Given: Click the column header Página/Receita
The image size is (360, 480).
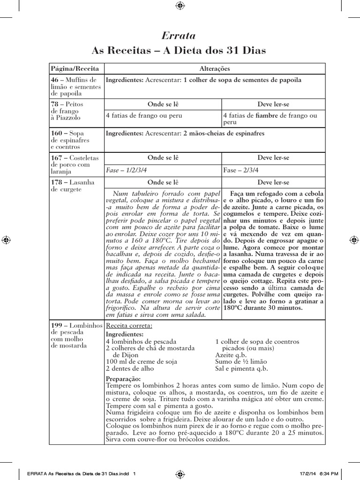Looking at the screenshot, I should coord(72,68).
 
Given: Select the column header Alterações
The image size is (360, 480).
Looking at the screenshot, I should coord(214,68).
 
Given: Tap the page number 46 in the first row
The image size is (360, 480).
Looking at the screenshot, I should coord(55,80).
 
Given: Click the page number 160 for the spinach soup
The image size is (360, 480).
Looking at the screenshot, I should coord(57,134).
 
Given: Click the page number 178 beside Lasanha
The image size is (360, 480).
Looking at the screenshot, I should coord(57,182).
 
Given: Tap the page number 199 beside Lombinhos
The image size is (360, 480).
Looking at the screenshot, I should coord(57,325).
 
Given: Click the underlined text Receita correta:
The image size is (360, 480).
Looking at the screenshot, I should coord(129,325).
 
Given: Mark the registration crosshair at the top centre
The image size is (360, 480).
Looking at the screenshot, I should coord(180,6).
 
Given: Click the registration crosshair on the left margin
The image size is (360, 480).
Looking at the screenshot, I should coord(7,240).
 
